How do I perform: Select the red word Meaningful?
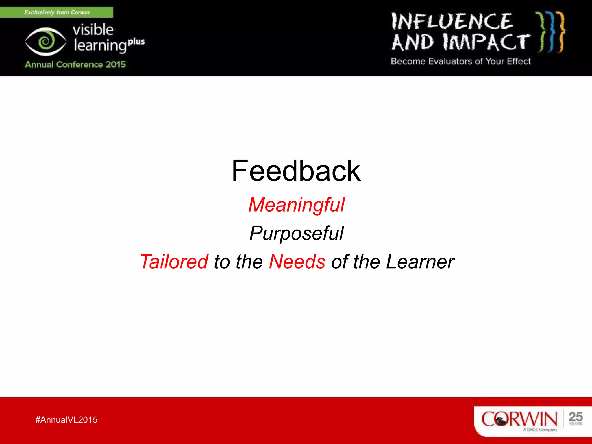click(297, 205)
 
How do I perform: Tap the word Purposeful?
click(297, 233)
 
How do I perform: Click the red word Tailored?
click(174, 262)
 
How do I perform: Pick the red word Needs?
click(297, 262)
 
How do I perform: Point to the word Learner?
click(420, 262)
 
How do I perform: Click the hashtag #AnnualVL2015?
click(66, 420)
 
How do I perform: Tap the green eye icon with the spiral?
click(46, 41)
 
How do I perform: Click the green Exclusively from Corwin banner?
click(57, 12)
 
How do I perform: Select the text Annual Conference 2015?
click(75, 64)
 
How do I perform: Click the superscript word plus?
click(136, 42)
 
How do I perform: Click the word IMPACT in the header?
click(486, 42)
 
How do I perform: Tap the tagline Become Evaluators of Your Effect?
click(460, 61)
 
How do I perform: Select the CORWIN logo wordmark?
click(519, 419)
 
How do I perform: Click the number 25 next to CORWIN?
click(575, 417)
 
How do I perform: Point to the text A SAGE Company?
click(540, 430)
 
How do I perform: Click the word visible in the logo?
click(93, 29)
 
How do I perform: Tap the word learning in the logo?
click(100, 46)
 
